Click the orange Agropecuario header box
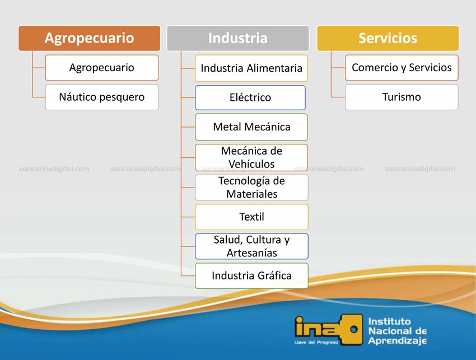[89, 38]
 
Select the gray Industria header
[238, 38]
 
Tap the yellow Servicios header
[388, 38]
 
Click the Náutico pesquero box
[102, 97]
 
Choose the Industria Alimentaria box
[251, 68]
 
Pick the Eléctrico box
[250, 97]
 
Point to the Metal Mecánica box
[251, 127]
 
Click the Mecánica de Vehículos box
[251, 157]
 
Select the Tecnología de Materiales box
[251, 188]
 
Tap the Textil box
[251, 217]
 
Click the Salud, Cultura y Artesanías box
[251, 246]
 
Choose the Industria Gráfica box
[251, 275]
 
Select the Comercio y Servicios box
[402, 68]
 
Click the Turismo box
[402, 97]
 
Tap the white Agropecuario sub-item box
[102, 68]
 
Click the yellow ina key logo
[329, 330]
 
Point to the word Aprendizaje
[398, 341]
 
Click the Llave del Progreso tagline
[316, 343]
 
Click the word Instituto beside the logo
[390, 321]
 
